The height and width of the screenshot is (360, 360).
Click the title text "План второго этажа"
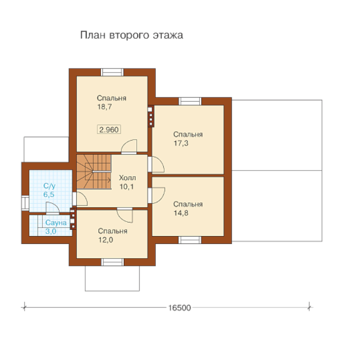coord(132,35)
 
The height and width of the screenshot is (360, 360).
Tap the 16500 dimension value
coord(179,308)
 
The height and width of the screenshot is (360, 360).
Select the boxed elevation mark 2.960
coord(109,129)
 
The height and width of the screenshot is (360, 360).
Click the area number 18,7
coord(105,107)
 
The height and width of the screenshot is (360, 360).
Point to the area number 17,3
coord(181,143)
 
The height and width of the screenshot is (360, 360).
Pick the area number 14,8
coord(181,213)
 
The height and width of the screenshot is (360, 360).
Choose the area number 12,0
coord(105,240)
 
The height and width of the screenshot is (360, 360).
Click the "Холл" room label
coord(127,178)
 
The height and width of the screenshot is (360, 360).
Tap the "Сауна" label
coord(56,222)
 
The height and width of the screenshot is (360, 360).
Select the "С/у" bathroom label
coord(49,186)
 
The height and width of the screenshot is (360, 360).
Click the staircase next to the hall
coord(94,172)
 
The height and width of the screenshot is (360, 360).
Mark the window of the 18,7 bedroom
coord(112,72)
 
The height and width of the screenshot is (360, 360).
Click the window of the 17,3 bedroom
coord(190,101)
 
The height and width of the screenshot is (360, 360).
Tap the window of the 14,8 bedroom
coord(190,240)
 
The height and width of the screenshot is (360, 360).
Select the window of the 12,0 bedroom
coord(112,262)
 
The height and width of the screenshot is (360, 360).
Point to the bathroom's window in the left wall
coord(25,203)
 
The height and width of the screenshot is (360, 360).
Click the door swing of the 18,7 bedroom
coord(129,147)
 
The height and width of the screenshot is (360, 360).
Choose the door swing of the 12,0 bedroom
coord(125,215)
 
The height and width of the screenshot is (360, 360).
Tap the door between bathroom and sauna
coord(53,208)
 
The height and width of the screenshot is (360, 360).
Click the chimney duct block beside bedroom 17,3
coord(150,116)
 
